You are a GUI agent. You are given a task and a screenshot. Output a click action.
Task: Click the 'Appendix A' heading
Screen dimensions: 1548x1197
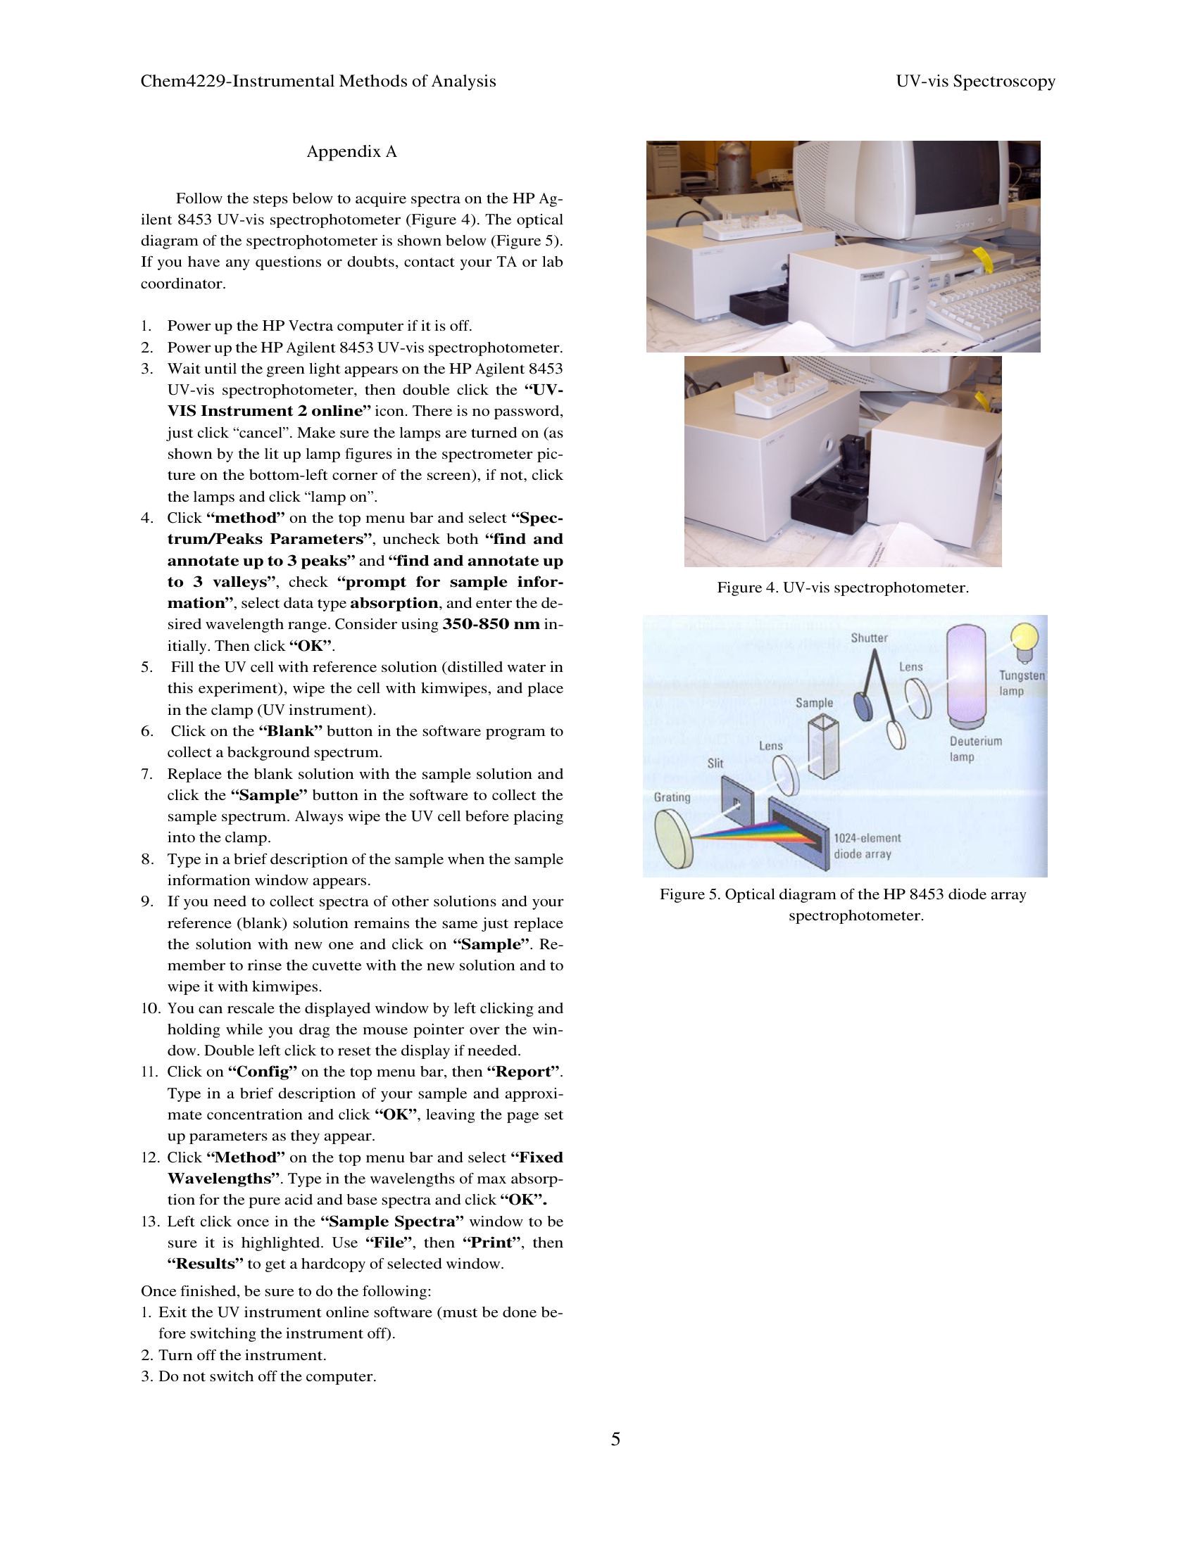pos(351,152)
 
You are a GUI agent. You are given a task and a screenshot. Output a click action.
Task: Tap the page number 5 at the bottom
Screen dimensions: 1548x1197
pos(615,1440)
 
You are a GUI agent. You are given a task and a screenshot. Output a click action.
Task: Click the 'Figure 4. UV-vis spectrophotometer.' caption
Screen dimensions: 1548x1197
pos(842,588)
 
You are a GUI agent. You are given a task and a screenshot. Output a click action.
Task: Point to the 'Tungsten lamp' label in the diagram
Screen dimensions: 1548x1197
pos(1020,683)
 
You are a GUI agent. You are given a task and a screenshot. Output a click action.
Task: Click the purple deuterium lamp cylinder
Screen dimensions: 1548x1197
pos(966,674)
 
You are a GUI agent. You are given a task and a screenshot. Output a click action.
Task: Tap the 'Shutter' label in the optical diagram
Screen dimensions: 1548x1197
pos(869,638)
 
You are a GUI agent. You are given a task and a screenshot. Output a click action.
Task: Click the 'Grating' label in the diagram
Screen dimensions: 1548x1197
pos(672,797)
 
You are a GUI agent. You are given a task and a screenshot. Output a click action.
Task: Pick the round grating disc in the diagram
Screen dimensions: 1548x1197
pos(674,839)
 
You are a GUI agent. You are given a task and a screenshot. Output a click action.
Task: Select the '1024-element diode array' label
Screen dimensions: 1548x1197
pos(867,846)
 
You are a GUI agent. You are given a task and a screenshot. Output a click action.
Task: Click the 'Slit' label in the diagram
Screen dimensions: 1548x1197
pos(715,763)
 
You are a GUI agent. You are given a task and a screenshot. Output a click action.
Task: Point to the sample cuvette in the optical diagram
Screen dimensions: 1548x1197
pos(823,748)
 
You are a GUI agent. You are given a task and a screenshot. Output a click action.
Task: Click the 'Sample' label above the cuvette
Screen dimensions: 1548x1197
pos(813,702)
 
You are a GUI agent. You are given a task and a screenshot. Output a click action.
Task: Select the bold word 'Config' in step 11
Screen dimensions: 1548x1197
pos(263,1072)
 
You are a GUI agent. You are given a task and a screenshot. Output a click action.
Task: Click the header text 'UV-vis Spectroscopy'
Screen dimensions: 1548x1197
pos(975,82)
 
